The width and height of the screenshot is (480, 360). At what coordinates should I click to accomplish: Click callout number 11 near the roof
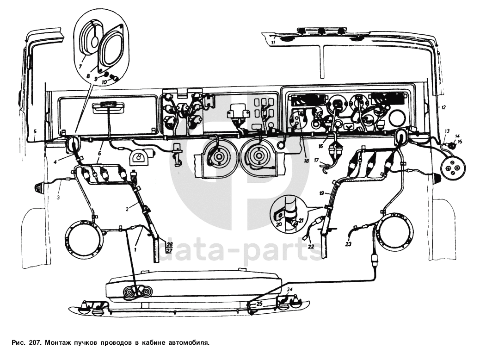click(x=273, y=43)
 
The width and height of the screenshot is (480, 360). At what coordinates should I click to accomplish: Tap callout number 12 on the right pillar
click(x=443, y=107)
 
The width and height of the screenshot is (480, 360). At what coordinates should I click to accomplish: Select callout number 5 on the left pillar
click(x=35, y=131)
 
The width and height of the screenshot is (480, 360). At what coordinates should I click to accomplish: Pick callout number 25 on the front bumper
click(x=259, y=304)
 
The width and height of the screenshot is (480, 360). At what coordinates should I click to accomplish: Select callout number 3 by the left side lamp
click(x=59, y=198)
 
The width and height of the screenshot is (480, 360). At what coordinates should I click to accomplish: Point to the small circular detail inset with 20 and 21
click(x=289, y=213)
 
